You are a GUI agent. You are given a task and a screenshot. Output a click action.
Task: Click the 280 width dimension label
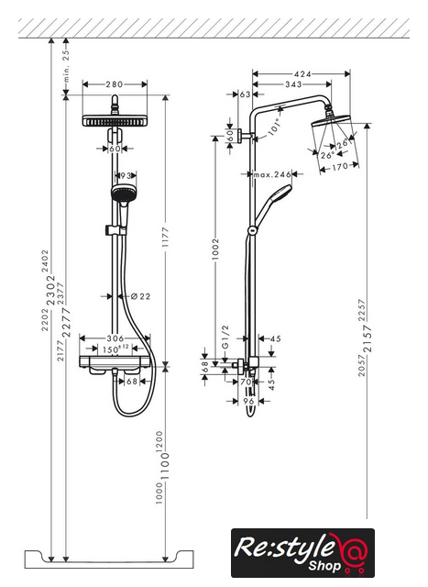(x=114, y=84)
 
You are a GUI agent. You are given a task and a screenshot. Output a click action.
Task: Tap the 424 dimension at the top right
(x=302, y=73)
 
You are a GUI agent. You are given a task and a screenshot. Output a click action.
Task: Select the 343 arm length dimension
(x=293, y=84)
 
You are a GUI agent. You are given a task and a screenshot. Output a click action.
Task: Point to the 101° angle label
(x=274, y=127)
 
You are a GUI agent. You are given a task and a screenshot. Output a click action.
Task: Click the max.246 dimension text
(x=272, y=174)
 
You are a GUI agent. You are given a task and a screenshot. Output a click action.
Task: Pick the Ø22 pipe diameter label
(x=140, y=296)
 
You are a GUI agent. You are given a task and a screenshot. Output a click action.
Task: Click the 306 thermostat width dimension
(x=115, y=338)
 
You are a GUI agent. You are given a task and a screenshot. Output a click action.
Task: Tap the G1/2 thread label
(x=225, y=337)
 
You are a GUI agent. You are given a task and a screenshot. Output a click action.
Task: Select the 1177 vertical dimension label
(x=165, y=237)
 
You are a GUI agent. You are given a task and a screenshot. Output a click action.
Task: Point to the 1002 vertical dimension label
(x=215, y=249)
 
